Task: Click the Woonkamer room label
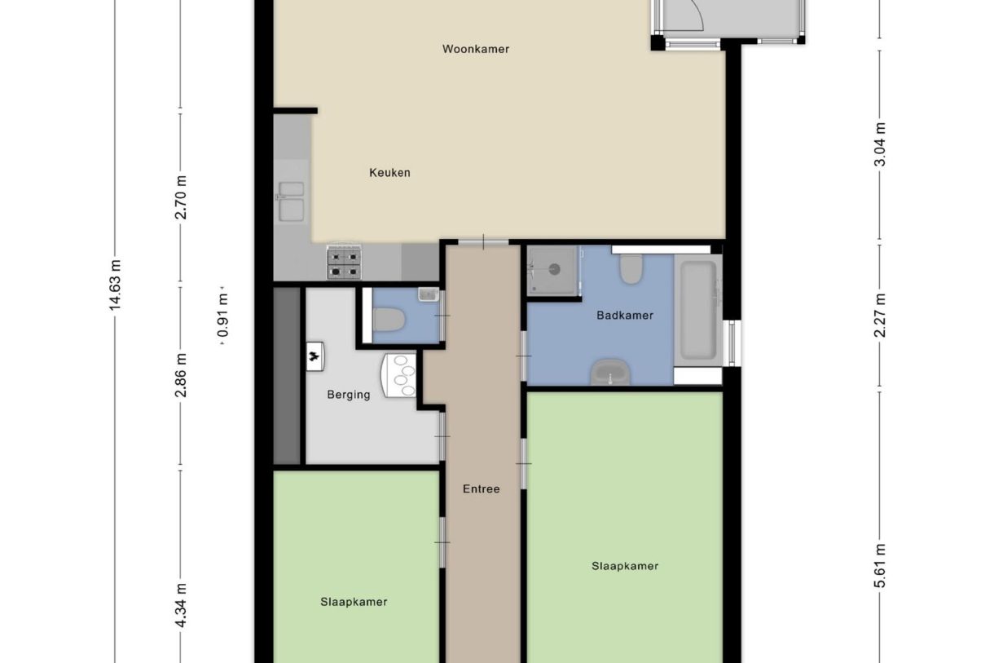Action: click(x=476, y=49)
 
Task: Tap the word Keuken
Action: click(x=389, y=173)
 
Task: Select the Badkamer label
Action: click(x=625, y=315)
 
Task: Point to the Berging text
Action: click(x=349, y=395)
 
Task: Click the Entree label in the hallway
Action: click(x=481, y=489)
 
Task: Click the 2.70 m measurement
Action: click(x=181, y=197)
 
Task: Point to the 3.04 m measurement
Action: click(x=879, y=144)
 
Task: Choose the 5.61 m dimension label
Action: click(x=879, y=566)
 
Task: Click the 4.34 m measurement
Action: click(x=181, y=605)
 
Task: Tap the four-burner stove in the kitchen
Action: click(x=344, y=263)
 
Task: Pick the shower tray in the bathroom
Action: click(x=553, y=269)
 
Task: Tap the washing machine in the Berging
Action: click(x=399, y=375)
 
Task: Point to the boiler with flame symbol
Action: click(x=314, y=356)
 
